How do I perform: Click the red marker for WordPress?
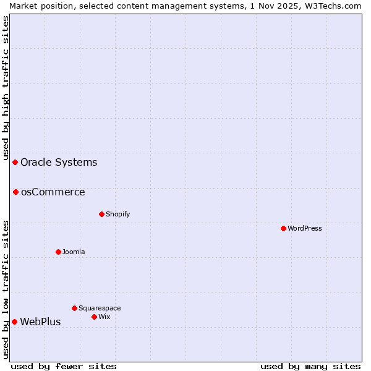point(283,228)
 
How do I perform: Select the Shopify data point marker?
point(101,214)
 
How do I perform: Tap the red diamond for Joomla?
point(58,252)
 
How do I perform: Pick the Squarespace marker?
point(74,308)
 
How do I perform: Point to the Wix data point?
point(94,317)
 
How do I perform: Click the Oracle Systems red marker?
point(15,162)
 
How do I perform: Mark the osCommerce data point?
point(15,192)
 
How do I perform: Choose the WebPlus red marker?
point(14,322)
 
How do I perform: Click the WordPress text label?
point(305,228)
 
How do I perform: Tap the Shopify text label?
point(118,214)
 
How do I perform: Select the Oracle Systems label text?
point(59,163)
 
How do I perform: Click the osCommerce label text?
point(53,192)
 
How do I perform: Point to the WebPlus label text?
point(40,322)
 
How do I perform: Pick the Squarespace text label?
point(100,308)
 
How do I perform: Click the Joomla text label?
point(74,252)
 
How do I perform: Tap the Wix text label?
point(104,317)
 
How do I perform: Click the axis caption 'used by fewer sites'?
point(64,366)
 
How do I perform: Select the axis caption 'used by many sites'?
point(310,366)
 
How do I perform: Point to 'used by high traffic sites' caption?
point(6,87)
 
